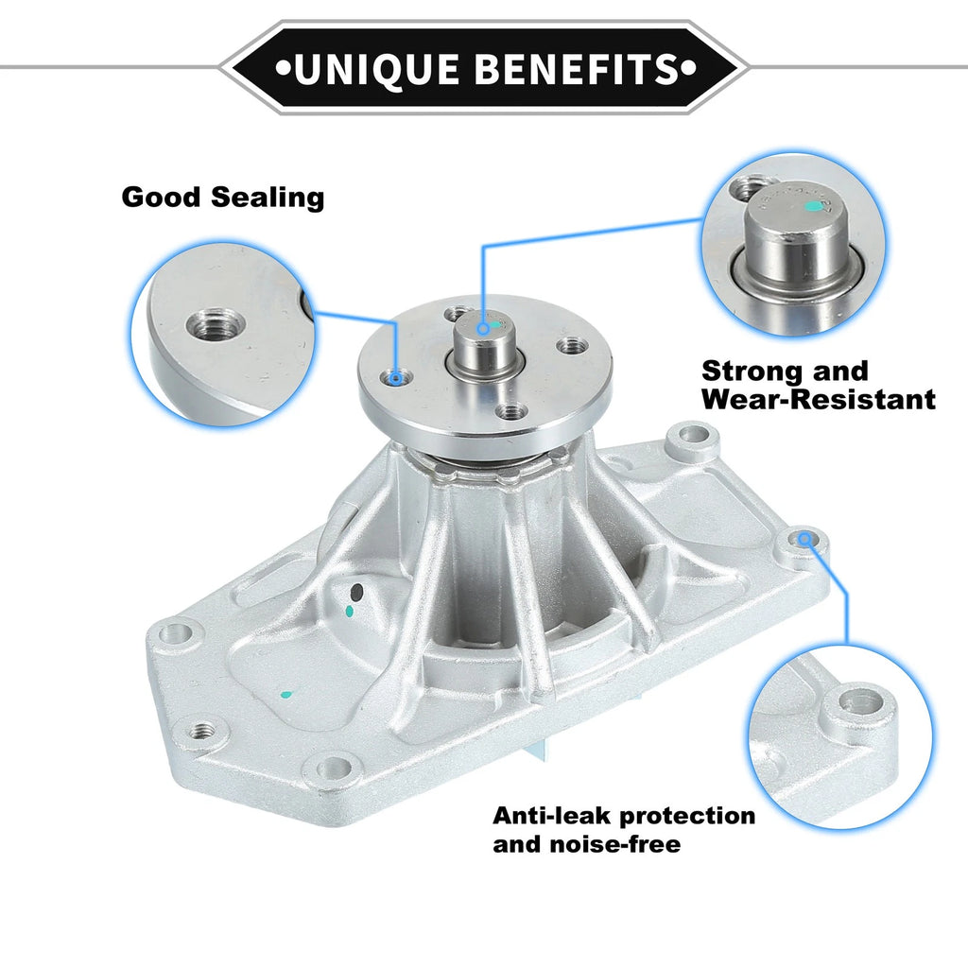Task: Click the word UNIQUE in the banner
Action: coord(376,68)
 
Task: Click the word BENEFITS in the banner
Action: coord(577,68)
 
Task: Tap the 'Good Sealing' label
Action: coord(223,198)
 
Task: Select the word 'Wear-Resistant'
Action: coord(819,399)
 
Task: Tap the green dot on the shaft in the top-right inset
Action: coord(814,206)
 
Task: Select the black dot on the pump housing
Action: coord(356,594)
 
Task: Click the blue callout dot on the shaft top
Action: coord(483,329)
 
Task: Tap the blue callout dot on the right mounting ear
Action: coord(804,540)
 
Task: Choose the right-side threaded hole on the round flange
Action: coord(571,346)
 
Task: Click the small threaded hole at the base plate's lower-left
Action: coord(200,732)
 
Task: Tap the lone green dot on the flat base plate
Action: coord(285,695)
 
